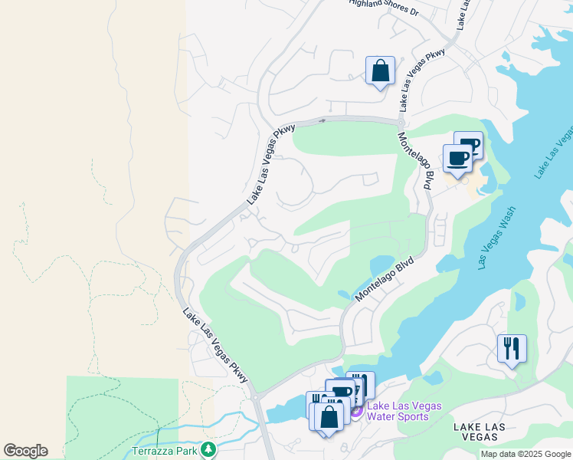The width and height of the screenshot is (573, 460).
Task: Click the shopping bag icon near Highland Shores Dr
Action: (380, 71)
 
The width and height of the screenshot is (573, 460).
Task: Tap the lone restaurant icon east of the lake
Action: (511, 349)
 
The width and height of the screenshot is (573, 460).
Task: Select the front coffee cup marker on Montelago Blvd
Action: (457, 159)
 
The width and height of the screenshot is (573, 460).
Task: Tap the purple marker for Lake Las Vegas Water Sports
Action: (356, 412)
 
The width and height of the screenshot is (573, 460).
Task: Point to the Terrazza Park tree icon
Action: (206, 449)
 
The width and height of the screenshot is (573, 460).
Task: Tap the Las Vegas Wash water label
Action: (497, 237)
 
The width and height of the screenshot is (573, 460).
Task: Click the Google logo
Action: (25, 451)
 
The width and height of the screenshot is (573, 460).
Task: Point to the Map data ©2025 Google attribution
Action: (525, 454)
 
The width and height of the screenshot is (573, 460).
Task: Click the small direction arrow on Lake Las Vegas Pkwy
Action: (323, 120)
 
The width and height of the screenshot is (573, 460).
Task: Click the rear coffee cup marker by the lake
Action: (469, 144)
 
